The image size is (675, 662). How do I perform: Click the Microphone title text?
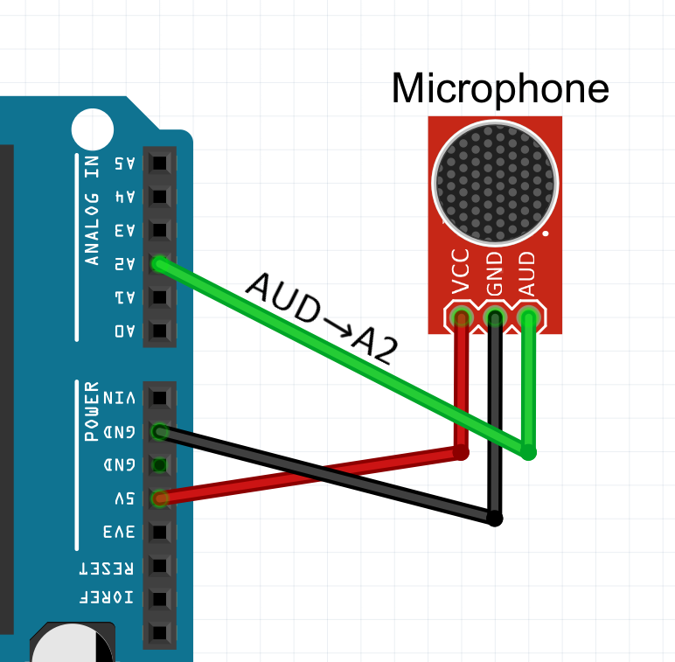click(499, 88)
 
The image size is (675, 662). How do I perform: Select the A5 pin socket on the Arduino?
click(159, 164)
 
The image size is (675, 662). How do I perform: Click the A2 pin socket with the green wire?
click(159, 263)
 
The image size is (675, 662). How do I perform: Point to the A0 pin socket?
click(159, 331)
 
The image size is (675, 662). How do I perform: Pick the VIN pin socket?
click(159, 398)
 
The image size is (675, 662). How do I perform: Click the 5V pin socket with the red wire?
click(159, 498)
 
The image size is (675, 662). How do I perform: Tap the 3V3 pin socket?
click(159, 532)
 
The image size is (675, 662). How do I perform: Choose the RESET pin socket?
click(159, 565)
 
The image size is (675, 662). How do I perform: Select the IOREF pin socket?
click(159, 598)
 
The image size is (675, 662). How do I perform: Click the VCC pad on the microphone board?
click(461, 317)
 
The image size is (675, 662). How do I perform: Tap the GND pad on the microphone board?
click(495, 317)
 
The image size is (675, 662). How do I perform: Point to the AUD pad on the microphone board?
click(528, 317)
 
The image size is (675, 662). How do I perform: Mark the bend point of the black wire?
click(495, 519)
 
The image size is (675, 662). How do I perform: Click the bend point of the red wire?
click(461, 452)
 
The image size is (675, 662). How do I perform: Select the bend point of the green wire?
click(528, 452)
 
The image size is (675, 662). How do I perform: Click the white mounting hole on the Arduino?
click(92, 129)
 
